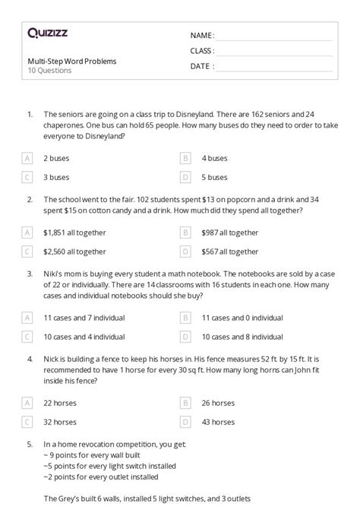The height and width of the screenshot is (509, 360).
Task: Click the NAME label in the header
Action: [202, 36]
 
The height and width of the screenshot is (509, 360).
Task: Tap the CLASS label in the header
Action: [202, 51]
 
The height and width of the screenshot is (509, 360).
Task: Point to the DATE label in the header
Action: [201, 66]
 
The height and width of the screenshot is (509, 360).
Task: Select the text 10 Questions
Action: [49, 71]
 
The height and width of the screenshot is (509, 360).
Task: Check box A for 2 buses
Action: [27, 158]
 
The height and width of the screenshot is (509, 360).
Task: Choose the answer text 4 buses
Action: [214, 158]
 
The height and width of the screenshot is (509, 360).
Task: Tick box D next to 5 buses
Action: [185, 177]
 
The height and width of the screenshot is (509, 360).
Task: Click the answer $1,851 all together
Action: [74, 232]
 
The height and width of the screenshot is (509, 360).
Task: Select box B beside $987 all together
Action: [185, 232]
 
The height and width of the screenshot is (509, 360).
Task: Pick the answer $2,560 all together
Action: [74, 251]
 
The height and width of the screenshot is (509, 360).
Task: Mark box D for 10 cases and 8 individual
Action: [185, 336]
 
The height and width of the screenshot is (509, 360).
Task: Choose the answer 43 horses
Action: [219, 420]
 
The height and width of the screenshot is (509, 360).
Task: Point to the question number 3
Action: [29, 273]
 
